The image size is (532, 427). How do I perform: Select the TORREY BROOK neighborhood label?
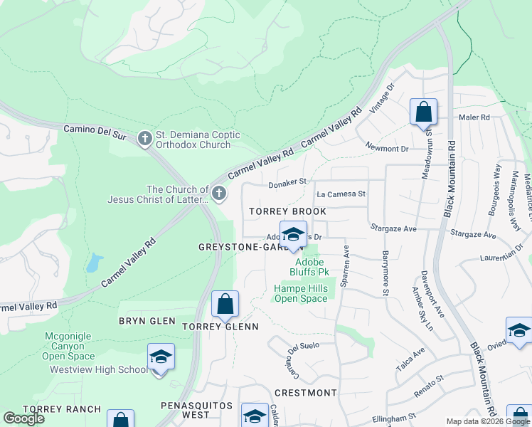(287, 211)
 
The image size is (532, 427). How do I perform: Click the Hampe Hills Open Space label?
(301, 293)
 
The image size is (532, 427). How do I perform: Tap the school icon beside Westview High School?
(161, 357)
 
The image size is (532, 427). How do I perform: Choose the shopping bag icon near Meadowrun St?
(423, 112)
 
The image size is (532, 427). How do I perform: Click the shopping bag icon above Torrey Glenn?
(225, 305)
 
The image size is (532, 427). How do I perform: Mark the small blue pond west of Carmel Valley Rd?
(92, 264)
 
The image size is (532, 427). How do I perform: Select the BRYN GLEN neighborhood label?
(147, 321)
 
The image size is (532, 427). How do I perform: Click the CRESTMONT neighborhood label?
(305, 393)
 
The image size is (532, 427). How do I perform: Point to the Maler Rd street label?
(474, 117)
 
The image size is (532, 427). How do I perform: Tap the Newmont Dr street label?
(387, 149)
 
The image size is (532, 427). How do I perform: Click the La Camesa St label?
(341, 194)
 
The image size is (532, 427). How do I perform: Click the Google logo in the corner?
(23, 418)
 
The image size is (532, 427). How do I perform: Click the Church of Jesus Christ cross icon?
(220, 193)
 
